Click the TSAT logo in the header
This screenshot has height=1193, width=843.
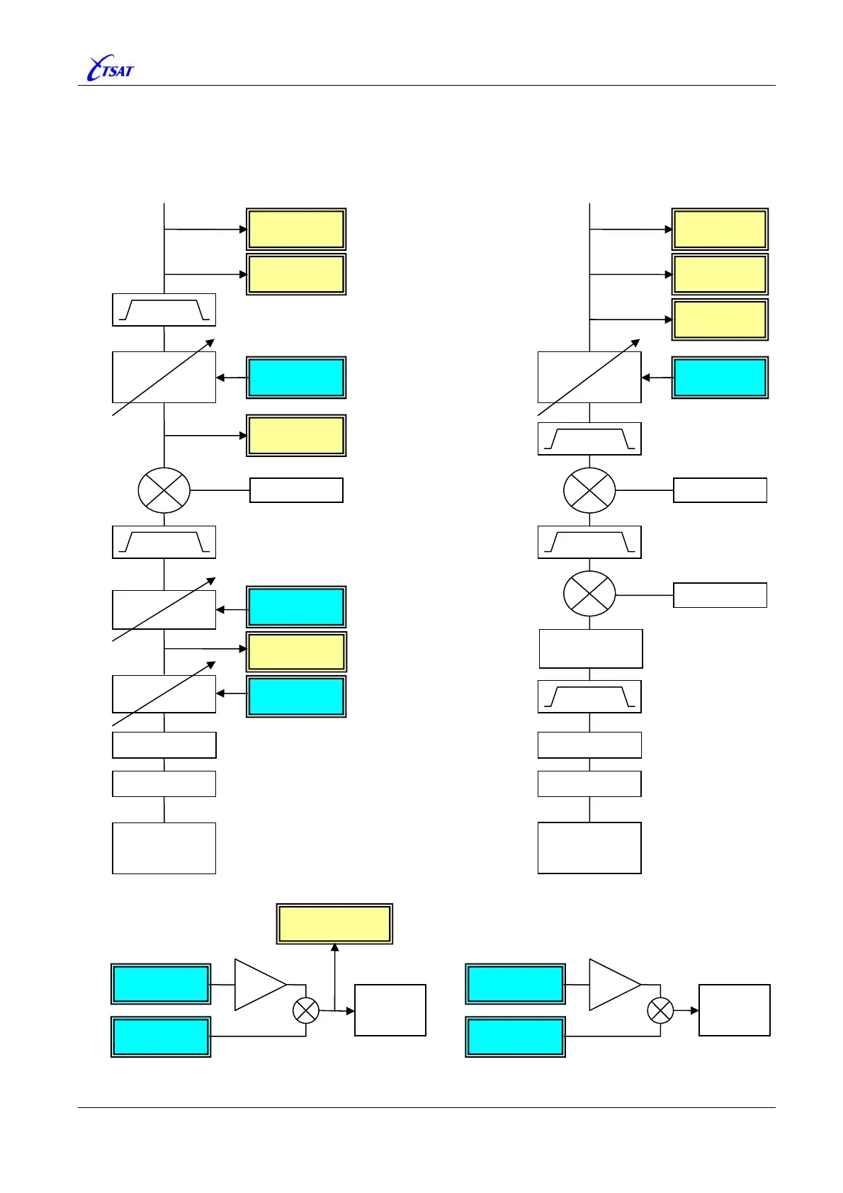110,69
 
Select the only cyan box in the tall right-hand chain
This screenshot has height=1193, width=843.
720,378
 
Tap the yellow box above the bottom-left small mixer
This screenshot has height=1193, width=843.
334,924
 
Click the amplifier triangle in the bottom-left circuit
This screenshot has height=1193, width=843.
259,984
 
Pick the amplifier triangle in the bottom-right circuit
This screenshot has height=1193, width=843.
613,984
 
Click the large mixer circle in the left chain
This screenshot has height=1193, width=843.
164,490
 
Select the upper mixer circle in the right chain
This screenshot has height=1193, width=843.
589,490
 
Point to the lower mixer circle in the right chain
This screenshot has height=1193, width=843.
589,594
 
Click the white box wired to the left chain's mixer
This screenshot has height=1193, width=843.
296,490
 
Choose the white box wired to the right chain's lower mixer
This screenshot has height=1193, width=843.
720,595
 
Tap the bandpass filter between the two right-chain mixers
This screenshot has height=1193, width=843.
589,542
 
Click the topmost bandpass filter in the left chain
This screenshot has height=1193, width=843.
164,310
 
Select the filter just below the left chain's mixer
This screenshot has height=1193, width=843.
164,542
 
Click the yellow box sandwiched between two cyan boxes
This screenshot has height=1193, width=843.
296,652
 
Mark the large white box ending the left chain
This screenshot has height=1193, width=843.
164,848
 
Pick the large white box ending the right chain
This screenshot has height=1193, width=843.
589,848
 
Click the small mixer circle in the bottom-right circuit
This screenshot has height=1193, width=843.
660,1010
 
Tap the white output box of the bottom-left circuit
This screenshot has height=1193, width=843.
390,1010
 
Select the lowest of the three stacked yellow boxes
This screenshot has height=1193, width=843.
720,320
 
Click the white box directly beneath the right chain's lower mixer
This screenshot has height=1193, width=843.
591,649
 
